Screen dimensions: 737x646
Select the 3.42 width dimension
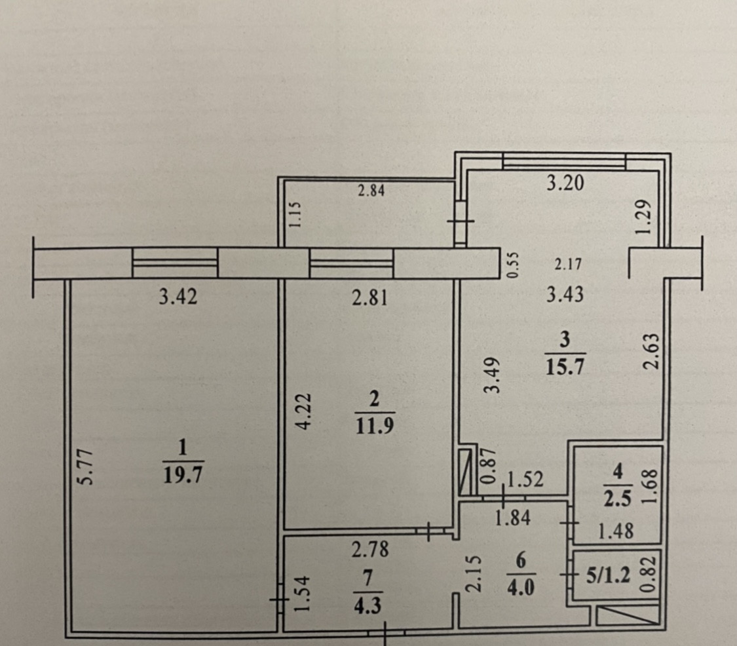(x=178, y=298)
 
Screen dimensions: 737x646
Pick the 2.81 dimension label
(x=370, y=299)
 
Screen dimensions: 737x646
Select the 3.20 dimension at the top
(x=565, y=184)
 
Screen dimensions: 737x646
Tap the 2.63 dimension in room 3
(x=649, y=352)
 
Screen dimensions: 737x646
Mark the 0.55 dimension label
(x=513, y=265)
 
